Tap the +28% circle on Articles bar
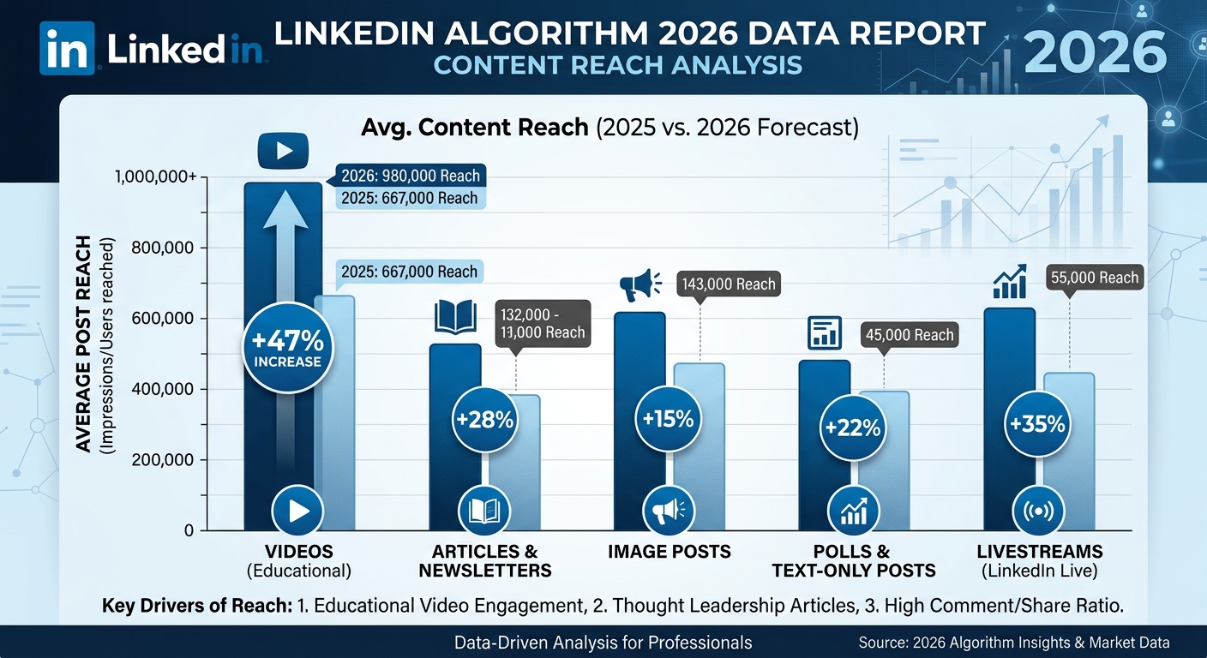coord(484,420)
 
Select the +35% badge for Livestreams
coord(1037,423)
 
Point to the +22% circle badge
coord(853,427)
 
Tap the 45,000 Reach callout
coord(910,334)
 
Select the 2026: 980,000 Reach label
coord(410,176)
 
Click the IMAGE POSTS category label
coord(670,552)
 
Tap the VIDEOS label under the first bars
coord(298,551)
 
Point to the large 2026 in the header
coord(1095,49)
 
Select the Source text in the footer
coord(1013,642)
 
